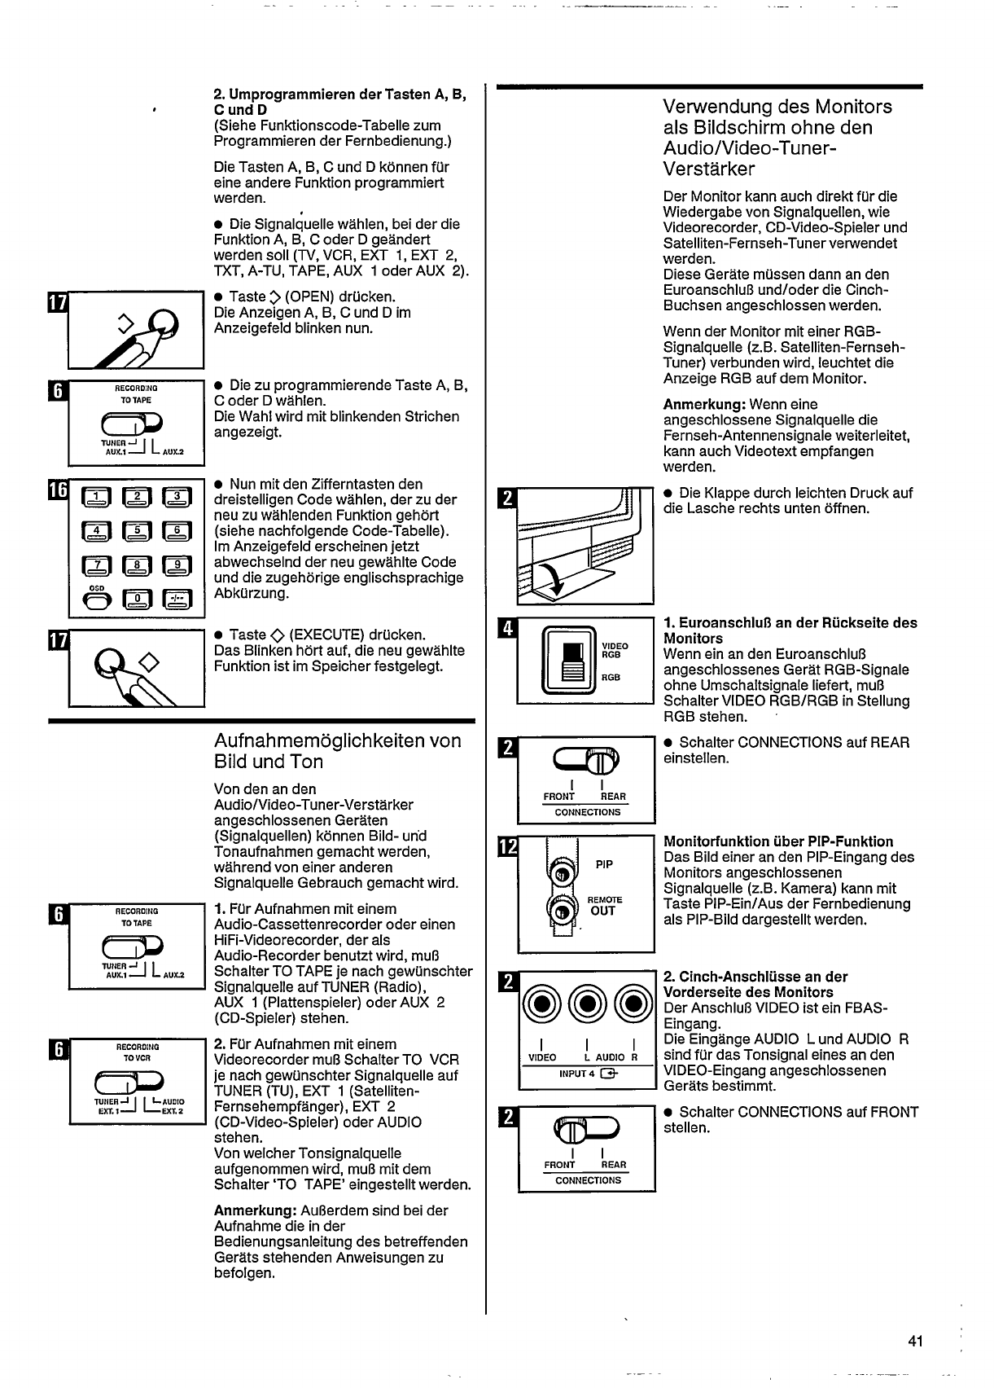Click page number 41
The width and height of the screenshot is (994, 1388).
pyautogui.click(x=915, y=1341)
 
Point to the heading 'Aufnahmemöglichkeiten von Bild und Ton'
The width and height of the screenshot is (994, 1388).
pyautogui.click(x=337, y=751)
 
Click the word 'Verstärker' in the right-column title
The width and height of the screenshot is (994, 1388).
pyautogui.click(x=709, y=169)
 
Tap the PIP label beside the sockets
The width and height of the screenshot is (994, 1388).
pyautogui.click(x=604, y=864)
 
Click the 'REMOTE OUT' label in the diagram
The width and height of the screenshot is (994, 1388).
pyautogui.click(x=604, y=906)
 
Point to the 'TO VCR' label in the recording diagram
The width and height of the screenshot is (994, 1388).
pyautogui.click(x=136, y=1058)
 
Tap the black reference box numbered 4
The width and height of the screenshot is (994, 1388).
pyautogui.click(x=506, y=630)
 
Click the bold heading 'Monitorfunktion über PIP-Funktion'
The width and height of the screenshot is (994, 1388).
pyautogui.click(x=778, y=841)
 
